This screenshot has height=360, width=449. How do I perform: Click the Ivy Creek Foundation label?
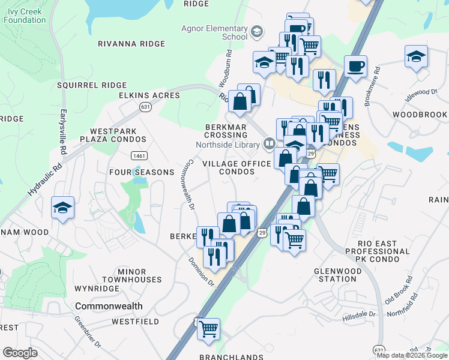coord(24,16)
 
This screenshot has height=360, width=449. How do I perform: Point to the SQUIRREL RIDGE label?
coord(92,85)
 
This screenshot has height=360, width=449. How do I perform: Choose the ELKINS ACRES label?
coord(149,95)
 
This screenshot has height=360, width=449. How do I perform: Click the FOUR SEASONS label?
coord(141,172)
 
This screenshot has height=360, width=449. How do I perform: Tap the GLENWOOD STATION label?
coord(343,275)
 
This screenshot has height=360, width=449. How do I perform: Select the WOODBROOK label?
coord(420,115)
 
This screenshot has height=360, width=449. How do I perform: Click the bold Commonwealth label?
coord(109,306)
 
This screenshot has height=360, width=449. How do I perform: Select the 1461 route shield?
coord(139,155)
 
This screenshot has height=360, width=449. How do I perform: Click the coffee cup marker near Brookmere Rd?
coord(355,66)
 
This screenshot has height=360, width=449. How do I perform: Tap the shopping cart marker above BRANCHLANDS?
coord(208,328)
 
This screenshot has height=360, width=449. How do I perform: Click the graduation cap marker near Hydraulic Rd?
coord(63,208)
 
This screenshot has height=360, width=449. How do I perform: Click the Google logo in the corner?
coord(20,353)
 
